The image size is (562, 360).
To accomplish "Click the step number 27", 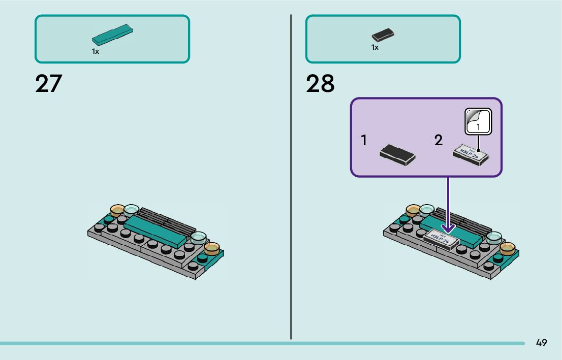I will tap(48, 84).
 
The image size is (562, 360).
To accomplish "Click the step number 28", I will tap(320, 84).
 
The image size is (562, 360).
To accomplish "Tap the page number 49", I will tap(541, 343).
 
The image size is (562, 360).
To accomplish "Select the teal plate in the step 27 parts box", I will tap(112, 35).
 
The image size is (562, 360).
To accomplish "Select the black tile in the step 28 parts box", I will tap(383, 35).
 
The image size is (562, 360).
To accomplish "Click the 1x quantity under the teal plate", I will tap(96, 51).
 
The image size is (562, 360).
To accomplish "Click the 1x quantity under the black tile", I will tap(375, 47).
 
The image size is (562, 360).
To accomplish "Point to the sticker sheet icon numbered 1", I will tap(478, 121).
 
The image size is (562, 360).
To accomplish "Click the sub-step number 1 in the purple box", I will tap(364, 141).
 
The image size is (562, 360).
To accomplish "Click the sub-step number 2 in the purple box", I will tap(439, 141).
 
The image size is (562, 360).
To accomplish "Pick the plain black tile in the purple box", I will tap(397, 154).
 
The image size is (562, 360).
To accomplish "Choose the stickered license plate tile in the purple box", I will tap(471, 153).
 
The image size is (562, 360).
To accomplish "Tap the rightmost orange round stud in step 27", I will tap(211, 248).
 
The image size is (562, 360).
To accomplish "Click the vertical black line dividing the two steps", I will tap(291, 178).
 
